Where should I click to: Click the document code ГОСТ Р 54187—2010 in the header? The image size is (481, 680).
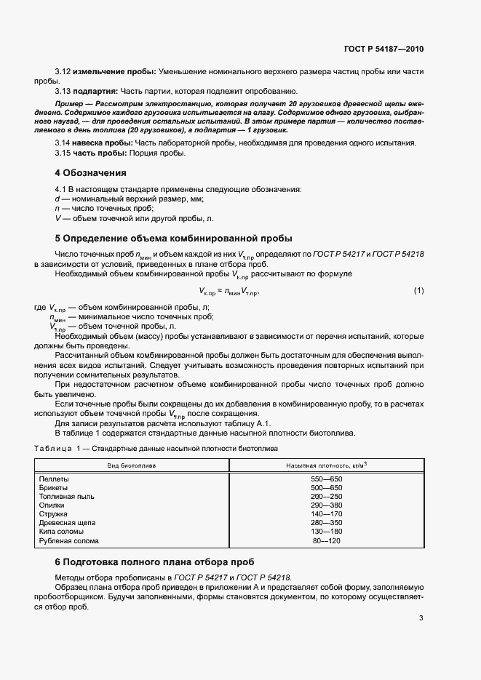click(384, 49)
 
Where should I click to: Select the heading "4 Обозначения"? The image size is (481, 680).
click(91, 173)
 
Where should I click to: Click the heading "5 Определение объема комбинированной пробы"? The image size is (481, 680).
click(174, 238)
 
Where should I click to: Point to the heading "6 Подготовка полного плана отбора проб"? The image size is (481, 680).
click(162, 562)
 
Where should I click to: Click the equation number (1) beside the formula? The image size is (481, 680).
click(418, 291)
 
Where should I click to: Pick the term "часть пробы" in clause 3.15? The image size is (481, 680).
click(95, 153)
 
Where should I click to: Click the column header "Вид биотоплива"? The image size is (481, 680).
click(132, 465)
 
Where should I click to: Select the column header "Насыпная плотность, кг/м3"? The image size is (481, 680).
click(326, 465)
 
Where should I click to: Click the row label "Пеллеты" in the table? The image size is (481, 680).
click(53, 479)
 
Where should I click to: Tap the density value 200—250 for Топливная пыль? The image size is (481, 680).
click(326, 496)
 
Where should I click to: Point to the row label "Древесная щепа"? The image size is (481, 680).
click(67, 522)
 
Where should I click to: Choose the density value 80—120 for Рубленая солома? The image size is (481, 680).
click(327, 541)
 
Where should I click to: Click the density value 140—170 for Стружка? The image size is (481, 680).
click(326, 513)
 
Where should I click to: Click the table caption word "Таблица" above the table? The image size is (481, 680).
click(50, 449)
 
